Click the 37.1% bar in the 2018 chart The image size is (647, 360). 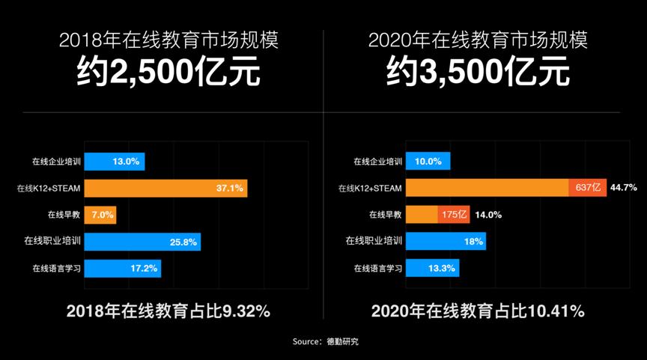[x=165, y=188]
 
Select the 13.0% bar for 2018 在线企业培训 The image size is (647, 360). [x=114, y=162]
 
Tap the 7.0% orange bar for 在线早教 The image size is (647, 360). [x=100, y=215]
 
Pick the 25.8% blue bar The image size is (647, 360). [x=142, y=242]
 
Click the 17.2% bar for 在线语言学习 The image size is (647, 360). [x=122, y=268]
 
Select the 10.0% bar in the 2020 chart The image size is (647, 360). [x=428, y=162]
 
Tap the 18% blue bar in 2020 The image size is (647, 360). [x=446, y=242]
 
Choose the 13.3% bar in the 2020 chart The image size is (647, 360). [x=433, y=268]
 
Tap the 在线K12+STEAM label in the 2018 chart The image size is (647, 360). [x=49, y=189]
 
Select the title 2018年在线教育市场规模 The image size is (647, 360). [x=169, y=40]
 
